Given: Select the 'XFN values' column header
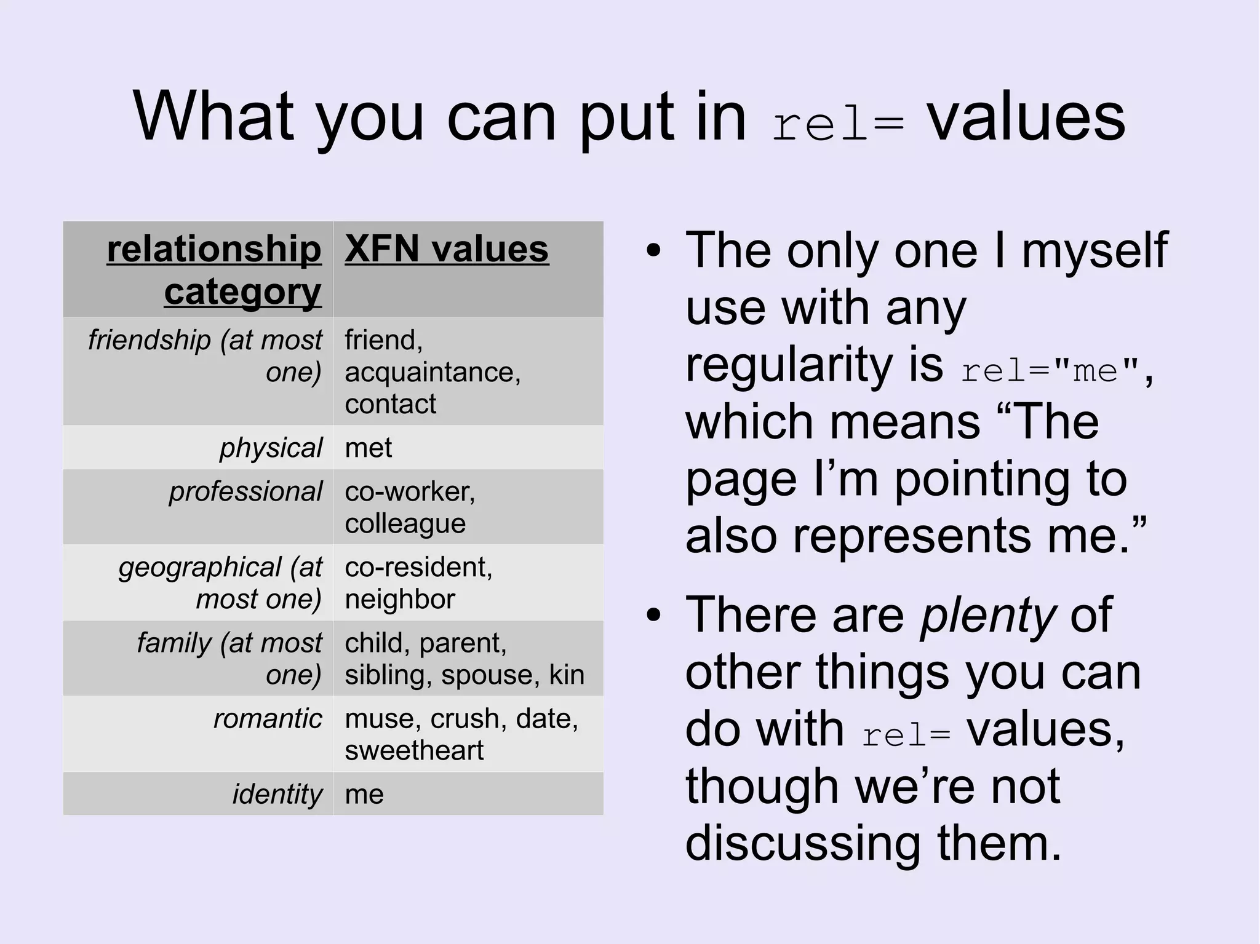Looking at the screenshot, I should (446, 249).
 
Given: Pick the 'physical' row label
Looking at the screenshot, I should (271, 448).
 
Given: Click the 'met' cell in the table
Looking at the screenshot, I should (368, 448).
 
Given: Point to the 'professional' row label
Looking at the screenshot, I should (245, 491).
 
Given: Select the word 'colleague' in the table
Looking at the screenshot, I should (405, 523).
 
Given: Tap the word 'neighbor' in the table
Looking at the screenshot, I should (399, 599).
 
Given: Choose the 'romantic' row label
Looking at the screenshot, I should (267, 718).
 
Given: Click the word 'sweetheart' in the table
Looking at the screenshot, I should (414, 750).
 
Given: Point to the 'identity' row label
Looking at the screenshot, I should (277, 794).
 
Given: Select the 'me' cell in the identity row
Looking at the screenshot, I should (364, 794).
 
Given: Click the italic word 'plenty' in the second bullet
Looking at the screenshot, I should (988, 615).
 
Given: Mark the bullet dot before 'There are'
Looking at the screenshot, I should (653, 615).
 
